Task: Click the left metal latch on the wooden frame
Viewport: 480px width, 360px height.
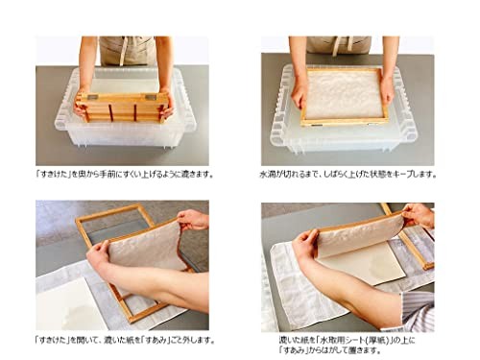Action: click(x=84, y=98)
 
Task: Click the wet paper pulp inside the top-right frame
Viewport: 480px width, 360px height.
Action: click(x=342, y=96)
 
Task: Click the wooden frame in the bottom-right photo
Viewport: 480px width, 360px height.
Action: click(x=408, y=245)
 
